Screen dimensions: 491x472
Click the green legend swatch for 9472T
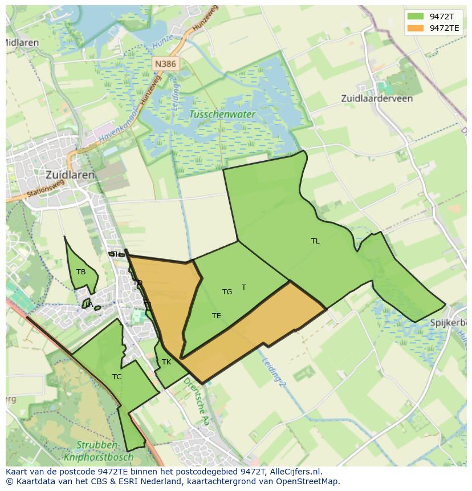416,17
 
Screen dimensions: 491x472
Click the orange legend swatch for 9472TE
416,28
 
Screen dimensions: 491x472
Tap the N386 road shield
165,64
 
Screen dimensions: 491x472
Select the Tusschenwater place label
222,114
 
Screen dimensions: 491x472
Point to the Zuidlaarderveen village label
377,98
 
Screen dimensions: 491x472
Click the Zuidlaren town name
70,175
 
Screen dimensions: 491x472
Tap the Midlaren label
22,43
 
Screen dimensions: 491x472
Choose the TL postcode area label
315,241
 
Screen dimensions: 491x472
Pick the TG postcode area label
227,292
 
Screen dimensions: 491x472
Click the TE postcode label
217,316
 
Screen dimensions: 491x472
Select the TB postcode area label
81,272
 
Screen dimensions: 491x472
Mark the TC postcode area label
117,377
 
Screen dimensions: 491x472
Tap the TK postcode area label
166,362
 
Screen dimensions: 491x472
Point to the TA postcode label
88,305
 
